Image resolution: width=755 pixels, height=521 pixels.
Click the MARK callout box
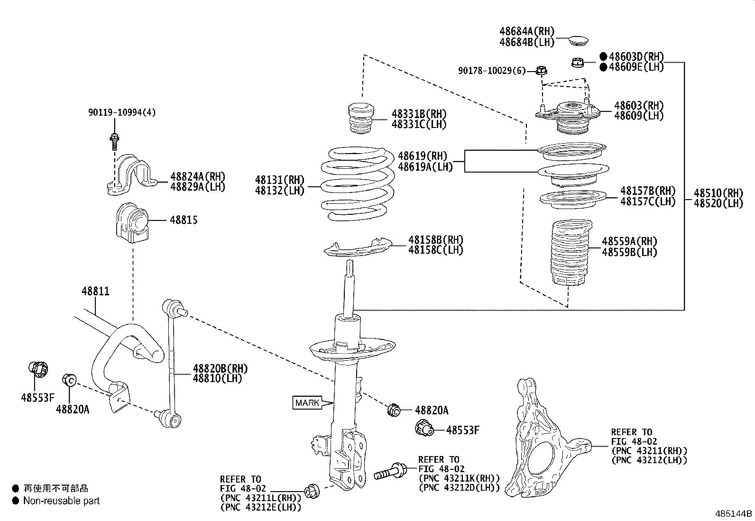[x=307, y=403]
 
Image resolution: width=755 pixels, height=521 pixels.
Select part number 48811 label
[x=95, y=291]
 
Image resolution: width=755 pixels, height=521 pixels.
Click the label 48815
[x=184, y=220]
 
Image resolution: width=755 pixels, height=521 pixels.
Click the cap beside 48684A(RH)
[x=578, y=40]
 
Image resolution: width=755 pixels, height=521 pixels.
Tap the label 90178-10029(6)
[x=492, y=71]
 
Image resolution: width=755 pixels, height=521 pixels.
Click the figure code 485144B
[x=734, y=513]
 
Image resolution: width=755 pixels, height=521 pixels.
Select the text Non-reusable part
[x=62, y=501]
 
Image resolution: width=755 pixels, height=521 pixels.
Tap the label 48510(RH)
[x=718, y=193]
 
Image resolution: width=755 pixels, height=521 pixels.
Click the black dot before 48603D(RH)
[x=603, y=56]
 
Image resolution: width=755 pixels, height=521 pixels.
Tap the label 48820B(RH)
[x=220, y=368]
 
